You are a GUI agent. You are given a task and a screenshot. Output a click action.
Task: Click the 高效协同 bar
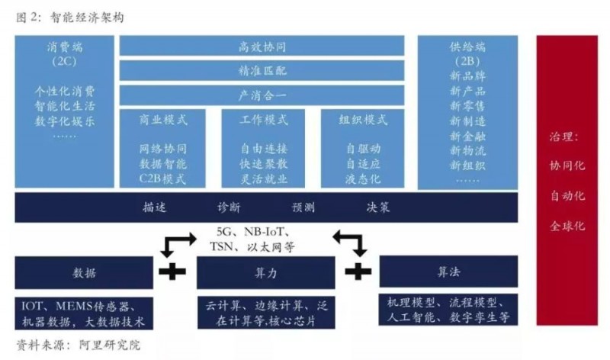(x=262, y=46)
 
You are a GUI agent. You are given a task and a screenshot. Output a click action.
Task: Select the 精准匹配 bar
(x=262, y=70)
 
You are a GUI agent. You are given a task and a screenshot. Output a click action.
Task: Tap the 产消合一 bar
(x=262, y=95)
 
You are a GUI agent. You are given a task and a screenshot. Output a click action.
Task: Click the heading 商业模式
(x=163, y=120)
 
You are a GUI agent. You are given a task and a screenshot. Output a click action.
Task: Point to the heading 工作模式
(x=264, y=120)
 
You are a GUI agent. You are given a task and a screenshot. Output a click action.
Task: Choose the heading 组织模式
(x=363, y=120)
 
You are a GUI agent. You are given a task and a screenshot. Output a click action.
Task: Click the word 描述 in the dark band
(x=155, y=207)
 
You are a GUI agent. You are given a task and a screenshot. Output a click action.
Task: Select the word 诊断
(x=229, y=207)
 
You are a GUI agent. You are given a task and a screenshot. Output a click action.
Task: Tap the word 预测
(x=303, y=207)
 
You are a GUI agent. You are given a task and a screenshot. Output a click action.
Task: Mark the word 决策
(x=377, y=207)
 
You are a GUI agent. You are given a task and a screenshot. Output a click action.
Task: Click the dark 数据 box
(x=84, y=272)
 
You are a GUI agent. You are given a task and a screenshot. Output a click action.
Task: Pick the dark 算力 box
(x=265, y=272)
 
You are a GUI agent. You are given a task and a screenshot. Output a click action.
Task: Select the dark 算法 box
(x=448, y=272)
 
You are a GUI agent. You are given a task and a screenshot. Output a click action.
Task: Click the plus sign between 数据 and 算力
(x=172, y=272)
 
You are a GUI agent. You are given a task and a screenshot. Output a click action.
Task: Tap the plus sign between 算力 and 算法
(x=358, y=272)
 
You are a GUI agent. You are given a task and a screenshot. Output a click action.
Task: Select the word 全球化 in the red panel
(x=567, y=226)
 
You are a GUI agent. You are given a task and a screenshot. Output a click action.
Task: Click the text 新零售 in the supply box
(x=467, y=106)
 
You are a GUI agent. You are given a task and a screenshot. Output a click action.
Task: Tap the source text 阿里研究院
(x=109, y=345)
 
